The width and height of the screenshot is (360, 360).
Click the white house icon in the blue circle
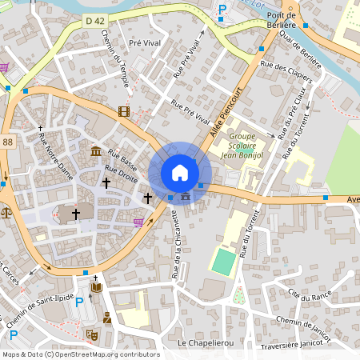click(180, 173)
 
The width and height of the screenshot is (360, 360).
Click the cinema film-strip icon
click(123, 111)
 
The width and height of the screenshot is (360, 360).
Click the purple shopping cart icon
click(138, 222)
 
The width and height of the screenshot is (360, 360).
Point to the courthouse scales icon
click(7, 213)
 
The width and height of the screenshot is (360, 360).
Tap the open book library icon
click(97, 286)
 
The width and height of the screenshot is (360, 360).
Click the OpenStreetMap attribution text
click(81, 354)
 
